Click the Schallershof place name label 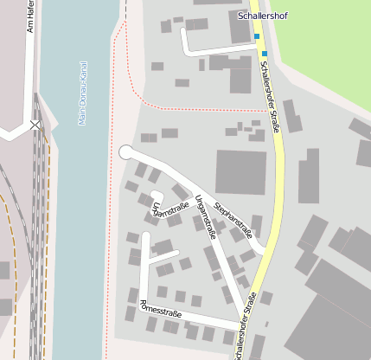[261, 16]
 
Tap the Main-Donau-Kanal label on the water [83, 93]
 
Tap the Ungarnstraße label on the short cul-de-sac [170, 209]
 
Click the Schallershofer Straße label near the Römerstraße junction [245, 326]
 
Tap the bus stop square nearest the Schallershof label [257, 36]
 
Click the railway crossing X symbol [35, 125]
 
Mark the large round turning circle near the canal [125, 152]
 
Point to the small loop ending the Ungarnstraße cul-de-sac [156, 196]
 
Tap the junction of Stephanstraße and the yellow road [264, 253]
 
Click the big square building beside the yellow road [240, 172]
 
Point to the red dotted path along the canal [111, 216]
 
